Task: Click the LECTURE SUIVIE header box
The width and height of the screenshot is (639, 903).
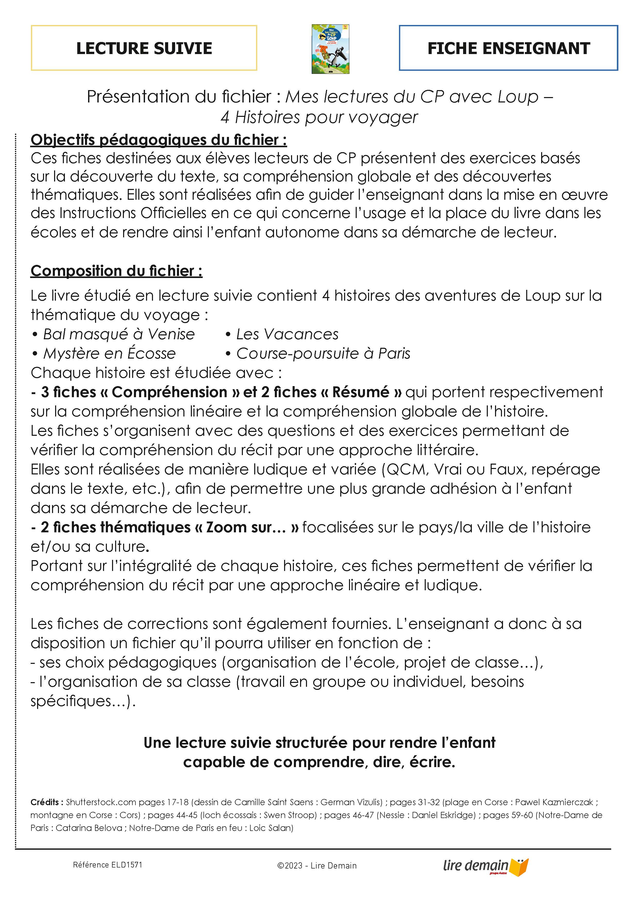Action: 144,48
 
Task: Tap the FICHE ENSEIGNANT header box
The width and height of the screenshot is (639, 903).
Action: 508,48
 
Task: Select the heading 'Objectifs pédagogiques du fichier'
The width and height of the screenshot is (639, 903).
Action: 159,140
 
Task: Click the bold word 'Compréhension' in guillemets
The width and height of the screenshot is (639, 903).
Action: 169,392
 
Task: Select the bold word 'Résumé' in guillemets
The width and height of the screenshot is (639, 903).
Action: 361,392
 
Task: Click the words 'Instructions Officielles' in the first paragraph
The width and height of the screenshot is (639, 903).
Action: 133,213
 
